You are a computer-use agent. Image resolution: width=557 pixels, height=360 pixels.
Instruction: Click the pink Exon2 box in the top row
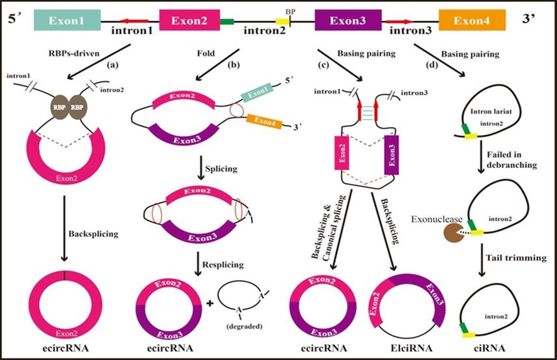click(x=191, y=20)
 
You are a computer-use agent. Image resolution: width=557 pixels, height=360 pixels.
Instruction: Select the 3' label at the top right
click(x=536, y=20)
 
